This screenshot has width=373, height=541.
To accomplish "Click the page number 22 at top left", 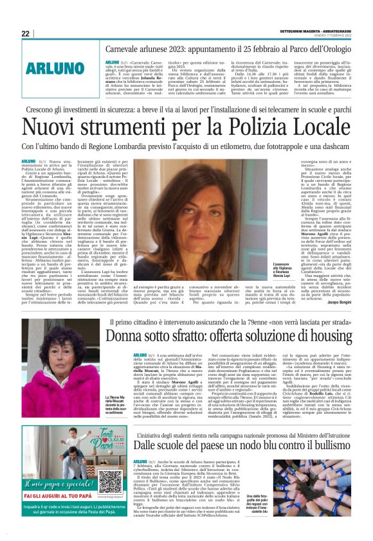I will click(25, 33).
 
